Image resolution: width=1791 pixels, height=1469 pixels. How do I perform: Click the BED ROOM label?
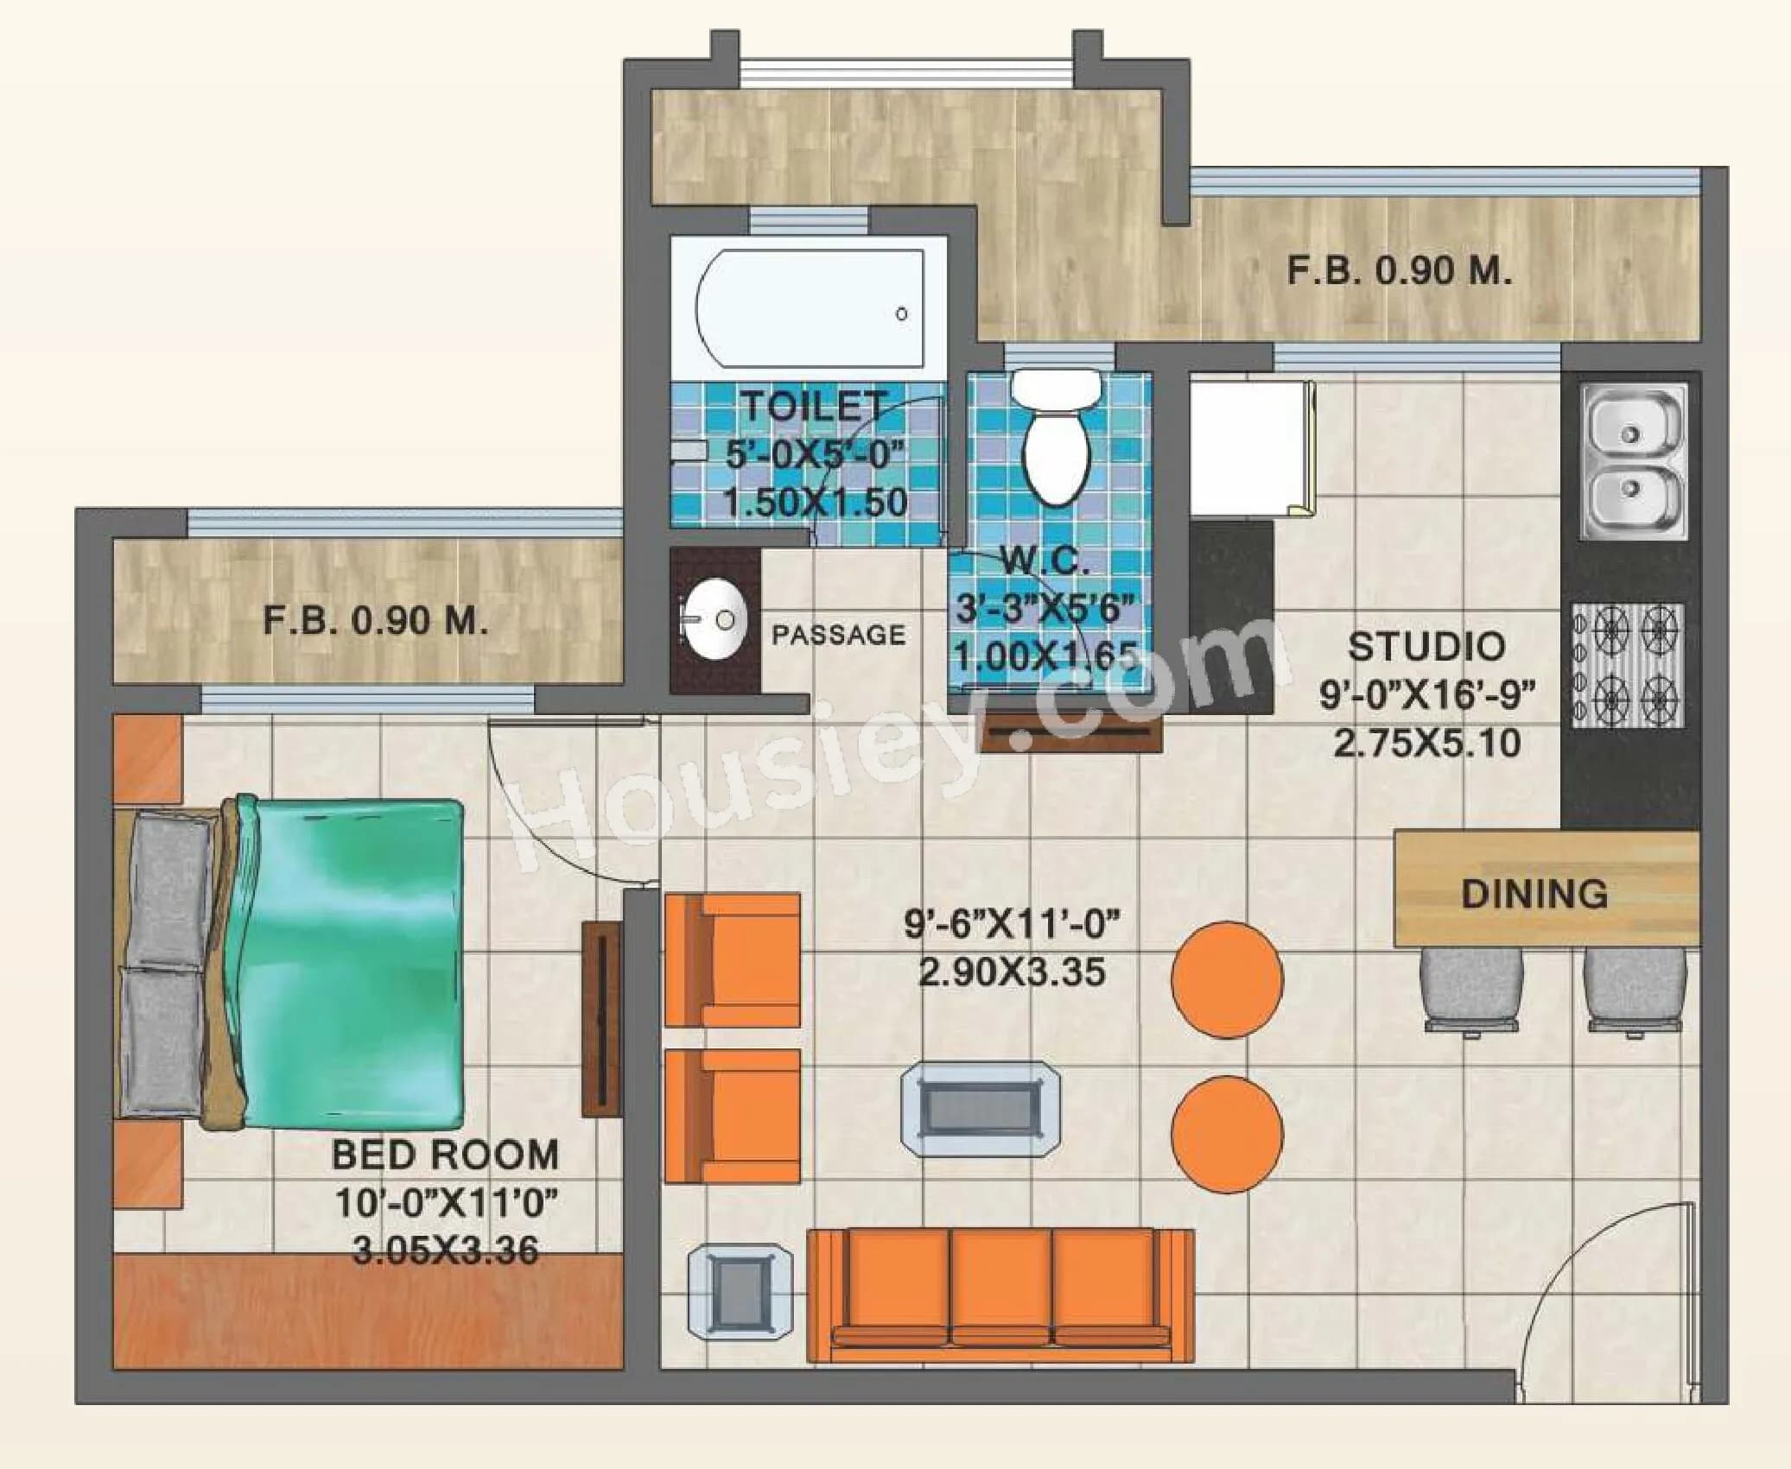(444, 1155)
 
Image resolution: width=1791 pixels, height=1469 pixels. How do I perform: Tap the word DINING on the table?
(1534, 894)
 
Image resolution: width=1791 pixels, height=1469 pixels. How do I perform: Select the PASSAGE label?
(838, 636)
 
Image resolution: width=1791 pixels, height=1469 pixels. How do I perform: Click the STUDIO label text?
(1426, 646)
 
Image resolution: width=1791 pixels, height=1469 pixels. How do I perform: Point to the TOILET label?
(815, 406)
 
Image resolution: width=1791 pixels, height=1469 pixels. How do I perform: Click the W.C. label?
(1045, 562)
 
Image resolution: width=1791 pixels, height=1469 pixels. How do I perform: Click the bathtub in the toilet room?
(810, 312)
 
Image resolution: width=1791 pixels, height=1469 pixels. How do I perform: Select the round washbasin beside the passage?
(714, 619)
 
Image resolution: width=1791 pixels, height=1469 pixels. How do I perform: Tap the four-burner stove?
(1629, 665)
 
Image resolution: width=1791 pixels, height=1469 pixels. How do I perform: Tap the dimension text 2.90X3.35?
(1011, 972)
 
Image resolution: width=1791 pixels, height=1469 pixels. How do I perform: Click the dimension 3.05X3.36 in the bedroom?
(445, 1250)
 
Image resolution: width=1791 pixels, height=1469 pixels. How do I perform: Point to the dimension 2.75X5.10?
(1426, 743)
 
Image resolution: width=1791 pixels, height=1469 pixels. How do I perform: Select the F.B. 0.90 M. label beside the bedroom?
(375, 620)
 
